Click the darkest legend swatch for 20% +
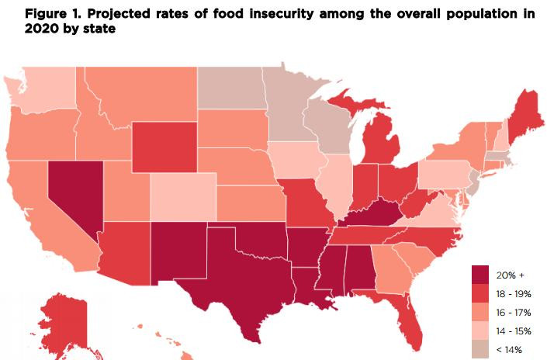[x=483, y=274]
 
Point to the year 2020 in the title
[x=21, y=29]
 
